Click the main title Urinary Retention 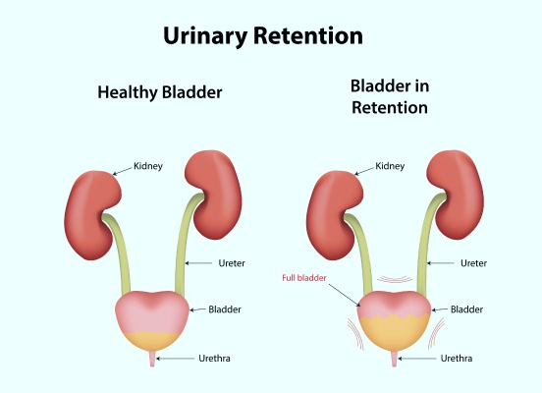tap(263, 35)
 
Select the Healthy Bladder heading tap(160, 92)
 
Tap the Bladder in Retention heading tap(390, 96)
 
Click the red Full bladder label tap(304, 278)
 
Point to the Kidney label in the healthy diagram tap(148, 166)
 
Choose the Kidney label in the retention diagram tap(390, 166)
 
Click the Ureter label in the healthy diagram tap(232, 263)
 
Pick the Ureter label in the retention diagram tap(473, 263)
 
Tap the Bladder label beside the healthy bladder tap(225, 309)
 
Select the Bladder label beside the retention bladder tap(466, 309)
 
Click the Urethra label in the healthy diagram tap(214, 358)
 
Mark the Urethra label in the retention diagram tap(457, 358)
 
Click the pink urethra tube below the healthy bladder tap(152, 359)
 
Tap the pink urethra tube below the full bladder tap(394, 359)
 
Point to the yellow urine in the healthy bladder tap(152, 341)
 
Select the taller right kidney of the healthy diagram tap(213, 195)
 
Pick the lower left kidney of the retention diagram tap(335, 215)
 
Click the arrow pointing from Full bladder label tap(345, 295)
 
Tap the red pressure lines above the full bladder tap(395, 279)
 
